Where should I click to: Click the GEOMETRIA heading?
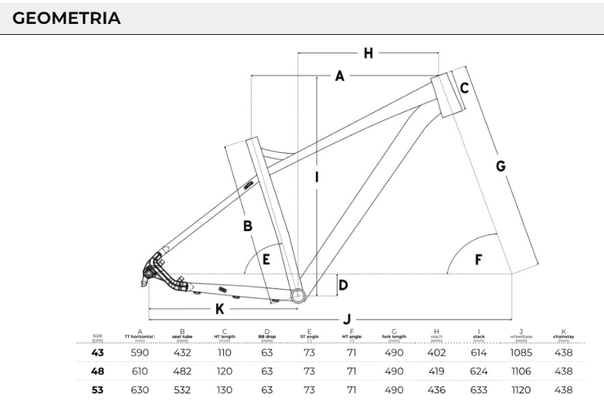pyautogui.click(x=67, y=18)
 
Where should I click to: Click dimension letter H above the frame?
pyautogui.click(x=369, y=53)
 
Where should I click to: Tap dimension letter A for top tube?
pyautogui.click(x=339, y=76)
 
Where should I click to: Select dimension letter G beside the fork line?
pyautogui.click(x=500, y=166)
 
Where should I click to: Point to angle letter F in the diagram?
pyautogui.click(x=478, y=260)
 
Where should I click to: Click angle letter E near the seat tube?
pyautogui.click(x=266, y=259)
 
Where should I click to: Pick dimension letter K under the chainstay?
pyautogui.click(x=220, y=309)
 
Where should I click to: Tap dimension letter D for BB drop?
pyautogui.click(x=343, y=284)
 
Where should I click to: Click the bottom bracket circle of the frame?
pyautogui.click(x=298, y=294)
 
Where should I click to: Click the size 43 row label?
pyautogui.click(x=98, y=353)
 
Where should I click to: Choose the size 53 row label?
pyautogui.click(x=98, y=390)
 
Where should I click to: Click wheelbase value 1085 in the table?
pyautogui.click(x=521, y=353)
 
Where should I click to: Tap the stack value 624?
pyautogui.click(x=479, y=372)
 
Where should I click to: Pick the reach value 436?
pyautogui.click(x=437, y=390)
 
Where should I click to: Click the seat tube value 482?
pyautogui.click(x=182, y=372)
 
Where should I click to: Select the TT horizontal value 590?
pyautogui.click(x=140, y=353)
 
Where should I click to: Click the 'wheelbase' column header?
pyautogui.click(x=521, y=336)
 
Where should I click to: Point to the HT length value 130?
pyautogui.click(x=225, y=390)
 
